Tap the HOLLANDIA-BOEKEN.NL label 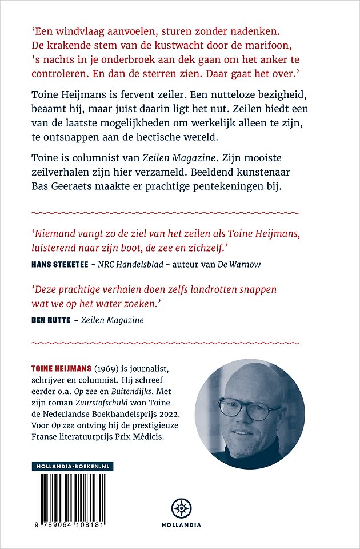point(72,467)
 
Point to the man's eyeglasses point(251,407)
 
